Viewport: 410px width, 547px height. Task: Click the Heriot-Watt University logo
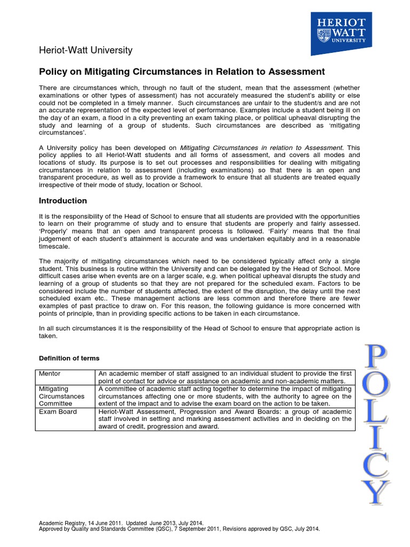click(x=341, y=33)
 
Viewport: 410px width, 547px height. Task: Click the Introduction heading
click(x=63, y=201)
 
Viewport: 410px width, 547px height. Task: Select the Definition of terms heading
click(x=69, y=358)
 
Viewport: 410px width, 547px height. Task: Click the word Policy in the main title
click(x=52, y=72)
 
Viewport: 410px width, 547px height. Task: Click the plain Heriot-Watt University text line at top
click(x=86, y=51)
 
